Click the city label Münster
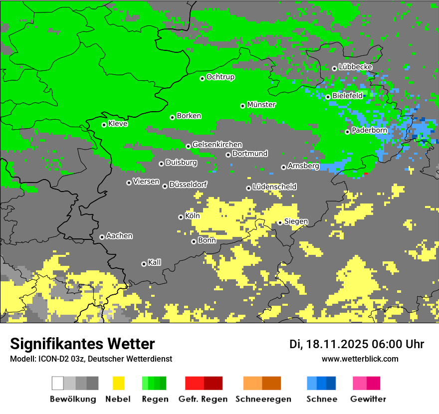coord(261,105)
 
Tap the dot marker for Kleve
coord(104,125)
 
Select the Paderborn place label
coord(369,131)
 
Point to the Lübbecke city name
coord(355,67)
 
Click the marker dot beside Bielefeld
coord(328,97)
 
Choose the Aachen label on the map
coord(119,236)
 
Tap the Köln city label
coord(192,216)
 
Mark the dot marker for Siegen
coord(280,222)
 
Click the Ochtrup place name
coord(220,77)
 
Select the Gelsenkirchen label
coord(217,145)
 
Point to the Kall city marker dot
coord(144,264)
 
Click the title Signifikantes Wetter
coord(82,344)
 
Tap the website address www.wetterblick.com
coord(360,359)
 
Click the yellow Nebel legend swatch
coord(118,383)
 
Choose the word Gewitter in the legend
coord(368,399)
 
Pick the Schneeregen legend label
coord(263,399)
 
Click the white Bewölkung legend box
coord(58,383)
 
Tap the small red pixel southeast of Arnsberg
coord(366,173)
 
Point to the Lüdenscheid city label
coord(274,187)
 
